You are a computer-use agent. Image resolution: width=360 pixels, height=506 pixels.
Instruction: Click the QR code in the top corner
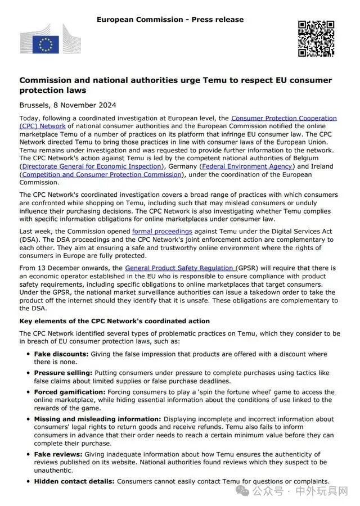[x=316, y=39]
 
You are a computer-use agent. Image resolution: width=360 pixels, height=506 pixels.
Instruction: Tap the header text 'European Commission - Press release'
[x=170, y=20]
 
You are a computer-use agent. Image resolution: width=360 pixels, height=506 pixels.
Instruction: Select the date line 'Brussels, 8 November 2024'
[x=67, y=105]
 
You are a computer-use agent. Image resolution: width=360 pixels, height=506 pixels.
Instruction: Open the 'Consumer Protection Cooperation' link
[x=283, y=119]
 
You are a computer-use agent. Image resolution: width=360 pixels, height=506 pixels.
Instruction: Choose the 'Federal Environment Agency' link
[x=247, y=166]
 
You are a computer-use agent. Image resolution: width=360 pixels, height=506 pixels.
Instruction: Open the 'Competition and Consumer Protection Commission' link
[x=102, y=174]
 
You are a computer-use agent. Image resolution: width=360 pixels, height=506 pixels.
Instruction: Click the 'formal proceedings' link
[x=162, y=231]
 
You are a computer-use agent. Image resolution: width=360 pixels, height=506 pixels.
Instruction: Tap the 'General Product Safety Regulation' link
[x=180, y=269]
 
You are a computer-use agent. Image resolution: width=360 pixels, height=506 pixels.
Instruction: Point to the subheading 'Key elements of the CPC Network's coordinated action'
[x=115, y=321]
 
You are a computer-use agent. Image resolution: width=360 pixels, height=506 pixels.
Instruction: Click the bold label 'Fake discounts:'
[x=61, y=354]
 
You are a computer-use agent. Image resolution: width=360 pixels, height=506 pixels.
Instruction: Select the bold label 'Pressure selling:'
[x=63, y=373]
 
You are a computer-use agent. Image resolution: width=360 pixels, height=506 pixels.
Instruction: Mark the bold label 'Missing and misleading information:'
[x=97, y=419]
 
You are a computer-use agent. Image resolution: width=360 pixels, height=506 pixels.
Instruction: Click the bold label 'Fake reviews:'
[x=58, y=454]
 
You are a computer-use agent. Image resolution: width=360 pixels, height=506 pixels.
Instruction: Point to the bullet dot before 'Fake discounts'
[x=28, y=354]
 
